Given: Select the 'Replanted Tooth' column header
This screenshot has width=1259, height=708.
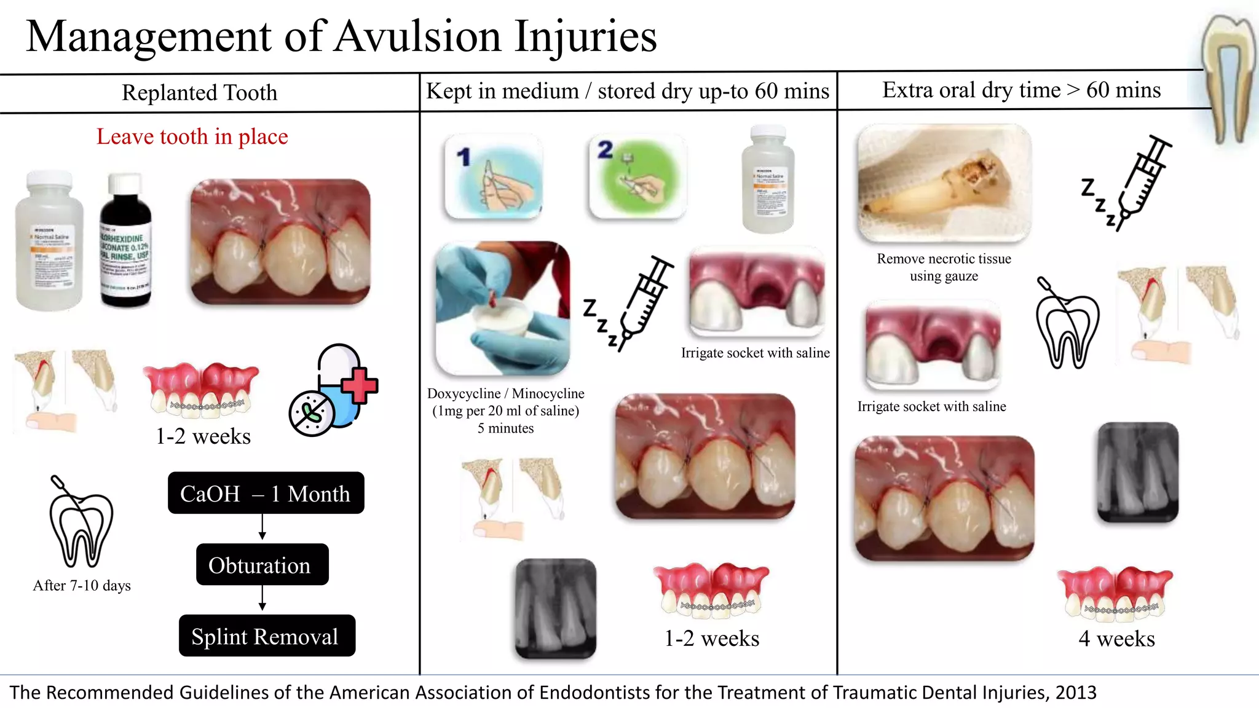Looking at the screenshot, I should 200,93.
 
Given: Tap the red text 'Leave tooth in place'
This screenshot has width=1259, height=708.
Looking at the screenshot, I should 192,136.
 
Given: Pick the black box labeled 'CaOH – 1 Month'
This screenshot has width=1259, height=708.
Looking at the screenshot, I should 266,494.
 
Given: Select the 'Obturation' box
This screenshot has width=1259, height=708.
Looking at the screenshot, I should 262,565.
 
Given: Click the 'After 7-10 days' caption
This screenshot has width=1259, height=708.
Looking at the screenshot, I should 82,586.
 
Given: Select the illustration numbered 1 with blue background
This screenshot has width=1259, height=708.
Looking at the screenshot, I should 494,176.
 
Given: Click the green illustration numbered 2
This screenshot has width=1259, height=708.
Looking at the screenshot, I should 636,176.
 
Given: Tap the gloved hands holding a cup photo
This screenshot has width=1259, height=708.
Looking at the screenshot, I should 502,308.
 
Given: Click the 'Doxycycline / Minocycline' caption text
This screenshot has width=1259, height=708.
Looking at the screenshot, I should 505,394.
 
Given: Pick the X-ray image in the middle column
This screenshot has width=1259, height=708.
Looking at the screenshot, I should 555,608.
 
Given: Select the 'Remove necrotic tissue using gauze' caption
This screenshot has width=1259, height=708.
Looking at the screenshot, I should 944,267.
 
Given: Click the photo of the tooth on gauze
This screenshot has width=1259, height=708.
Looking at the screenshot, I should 944,183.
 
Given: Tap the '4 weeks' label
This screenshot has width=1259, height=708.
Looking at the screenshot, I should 1116,639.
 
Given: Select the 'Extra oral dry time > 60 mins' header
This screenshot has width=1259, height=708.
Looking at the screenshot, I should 1021,90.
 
